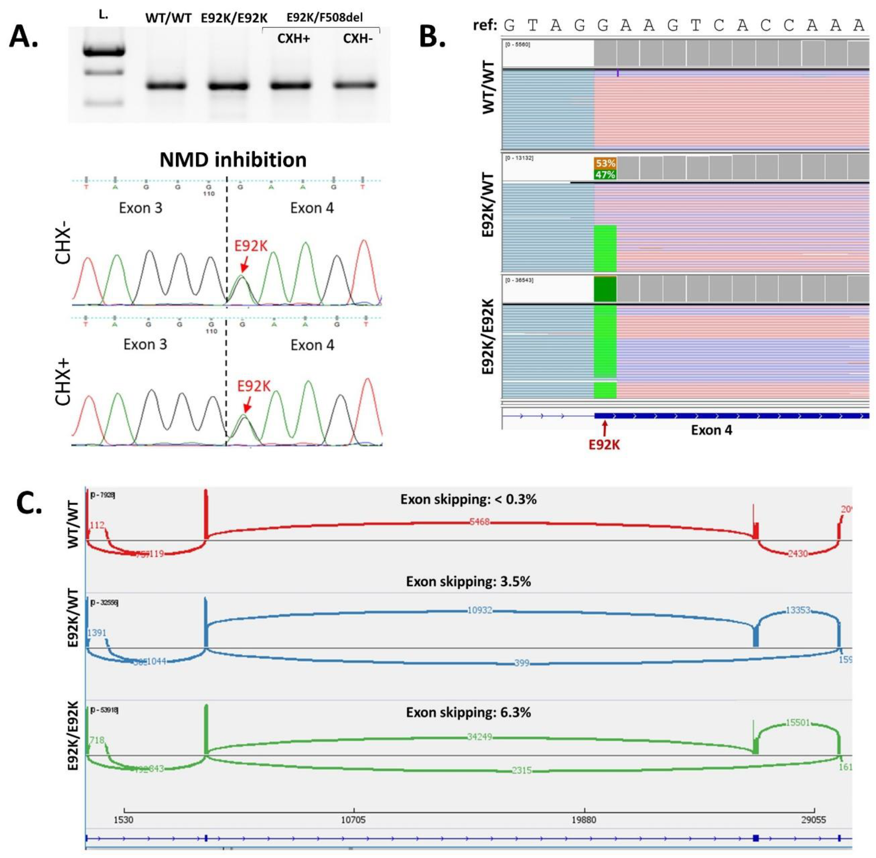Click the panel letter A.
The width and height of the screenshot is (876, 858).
tap(23, 36)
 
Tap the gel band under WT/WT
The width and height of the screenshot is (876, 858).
tap(166, 86)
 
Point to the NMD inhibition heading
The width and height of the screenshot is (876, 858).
tap(233, 160)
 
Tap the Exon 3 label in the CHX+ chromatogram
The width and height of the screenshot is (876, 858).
tap(145, 344)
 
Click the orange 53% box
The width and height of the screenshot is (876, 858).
tap(605, 163)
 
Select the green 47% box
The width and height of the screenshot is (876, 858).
tap(605, 175)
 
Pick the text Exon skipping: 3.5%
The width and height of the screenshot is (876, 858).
tap(468, 581)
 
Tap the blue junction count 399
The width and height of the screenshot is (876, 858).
tap(522, 663)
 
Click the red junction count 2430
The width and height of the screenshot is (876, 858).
tap(798, 553)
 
